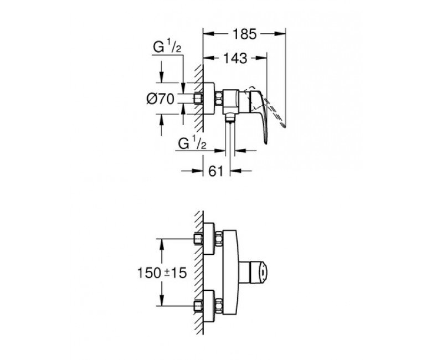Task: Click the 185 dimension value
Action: tap(245, 34)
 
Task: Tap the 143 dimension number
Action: tap(235, 58)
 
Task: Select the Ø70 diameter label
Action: tap(161, 99)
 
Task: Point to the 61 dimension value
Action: tap(215, 171)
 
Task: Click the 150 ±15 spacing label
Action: tap(162, 272)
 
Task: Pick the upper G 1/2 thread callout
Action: tap(167, 48)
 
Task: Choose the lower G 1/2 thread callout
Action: tap(192, 144)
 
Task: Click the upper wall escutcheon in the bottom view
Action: tap(209, 239)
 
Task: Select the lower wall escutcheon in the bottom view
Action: tap(209, 306)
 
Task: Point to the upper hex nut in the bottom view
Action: tap(219, 239)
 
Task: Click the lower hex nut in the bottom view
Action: tap(219, 306)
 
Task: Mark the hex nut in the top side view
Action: tap(219, 99)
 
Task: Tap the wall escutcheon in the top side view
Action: tap(209, 99)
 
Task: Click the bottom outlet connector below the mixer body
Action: tap(229, 117)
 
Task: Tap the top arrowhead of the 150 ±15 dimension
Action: tap(162, 244)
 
